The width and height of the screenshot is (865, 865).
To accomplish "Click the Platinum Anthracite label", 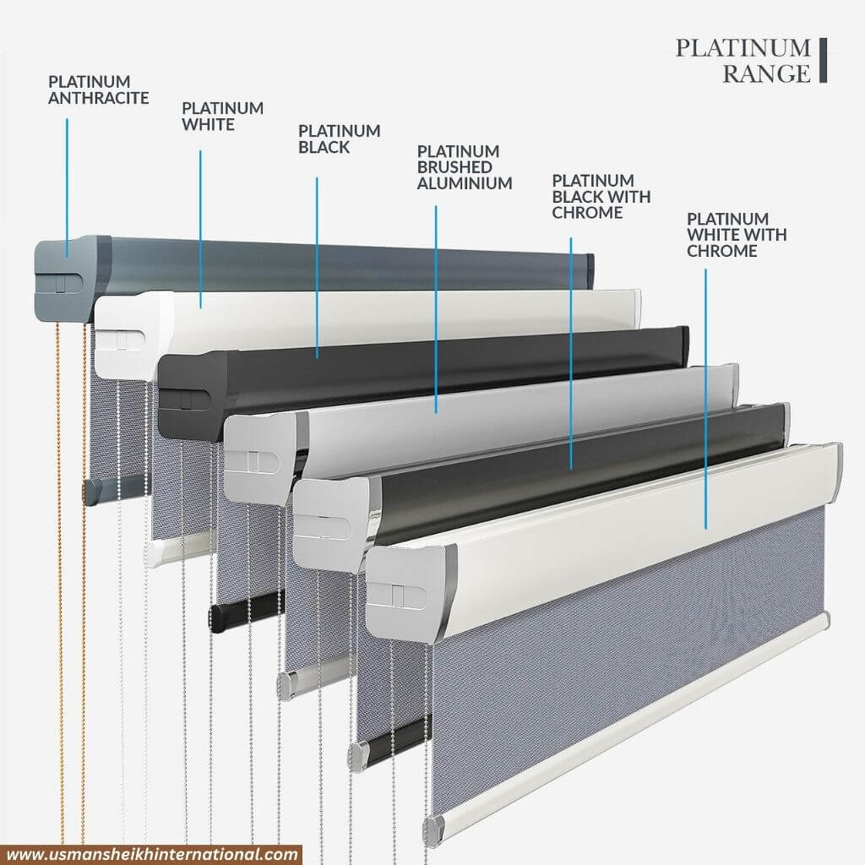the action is coord(99,90).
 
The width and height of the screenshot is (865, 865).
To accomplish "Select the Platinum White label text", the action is coord(222,116).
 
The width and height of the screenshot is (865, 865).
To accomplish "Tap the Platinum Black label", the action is coord(340,139).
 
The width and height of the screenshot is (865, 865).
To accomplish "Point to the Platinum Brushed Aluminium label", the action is coord(465,167).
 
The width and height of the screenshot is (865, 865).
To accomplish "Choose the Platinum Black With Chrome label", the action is coord(601,196).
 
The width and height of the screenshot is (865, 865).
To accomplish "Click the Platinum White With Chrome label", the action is coord(737,235).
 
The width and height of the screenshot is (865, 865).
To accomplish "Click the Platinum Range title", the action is coord(743,60).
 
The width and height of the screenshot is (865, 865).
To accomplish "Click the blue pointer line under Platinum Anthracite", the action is coord(68,188).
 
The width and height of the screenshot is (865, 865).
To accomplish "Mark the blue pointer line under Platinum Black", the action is coord(318,268).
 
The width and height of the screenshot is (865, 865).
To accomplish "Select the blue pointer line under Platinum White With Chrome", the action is coord(705,399).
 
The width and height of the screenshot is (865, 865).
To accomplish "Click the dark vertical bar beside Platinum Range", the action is coord(823,60).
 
